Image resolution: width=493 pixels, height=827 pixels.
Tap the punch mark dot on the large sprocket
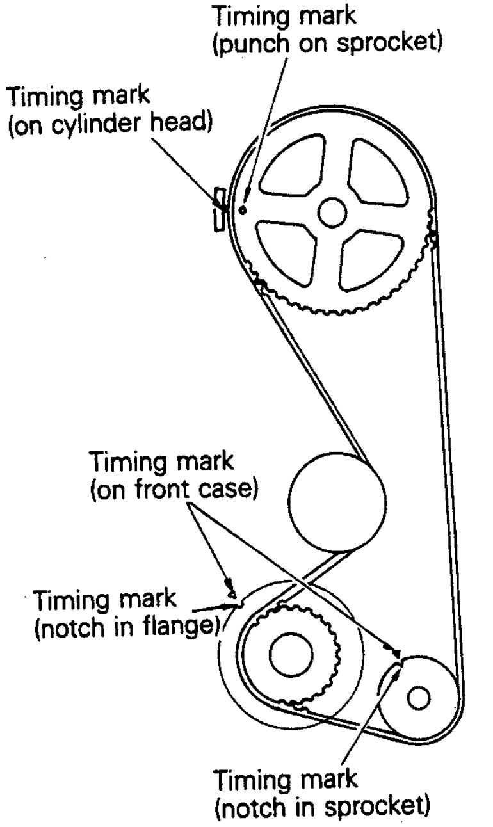coord(243,209)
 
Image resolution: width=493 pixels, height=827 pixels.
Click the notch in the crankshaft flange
coord(236,602)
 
